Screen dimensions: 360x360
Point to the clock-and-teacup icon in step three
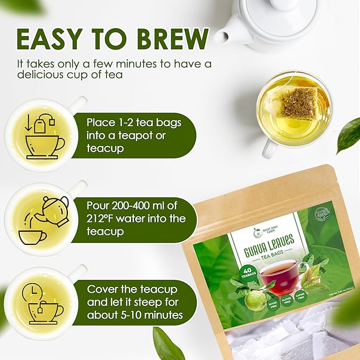(43, 302)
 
